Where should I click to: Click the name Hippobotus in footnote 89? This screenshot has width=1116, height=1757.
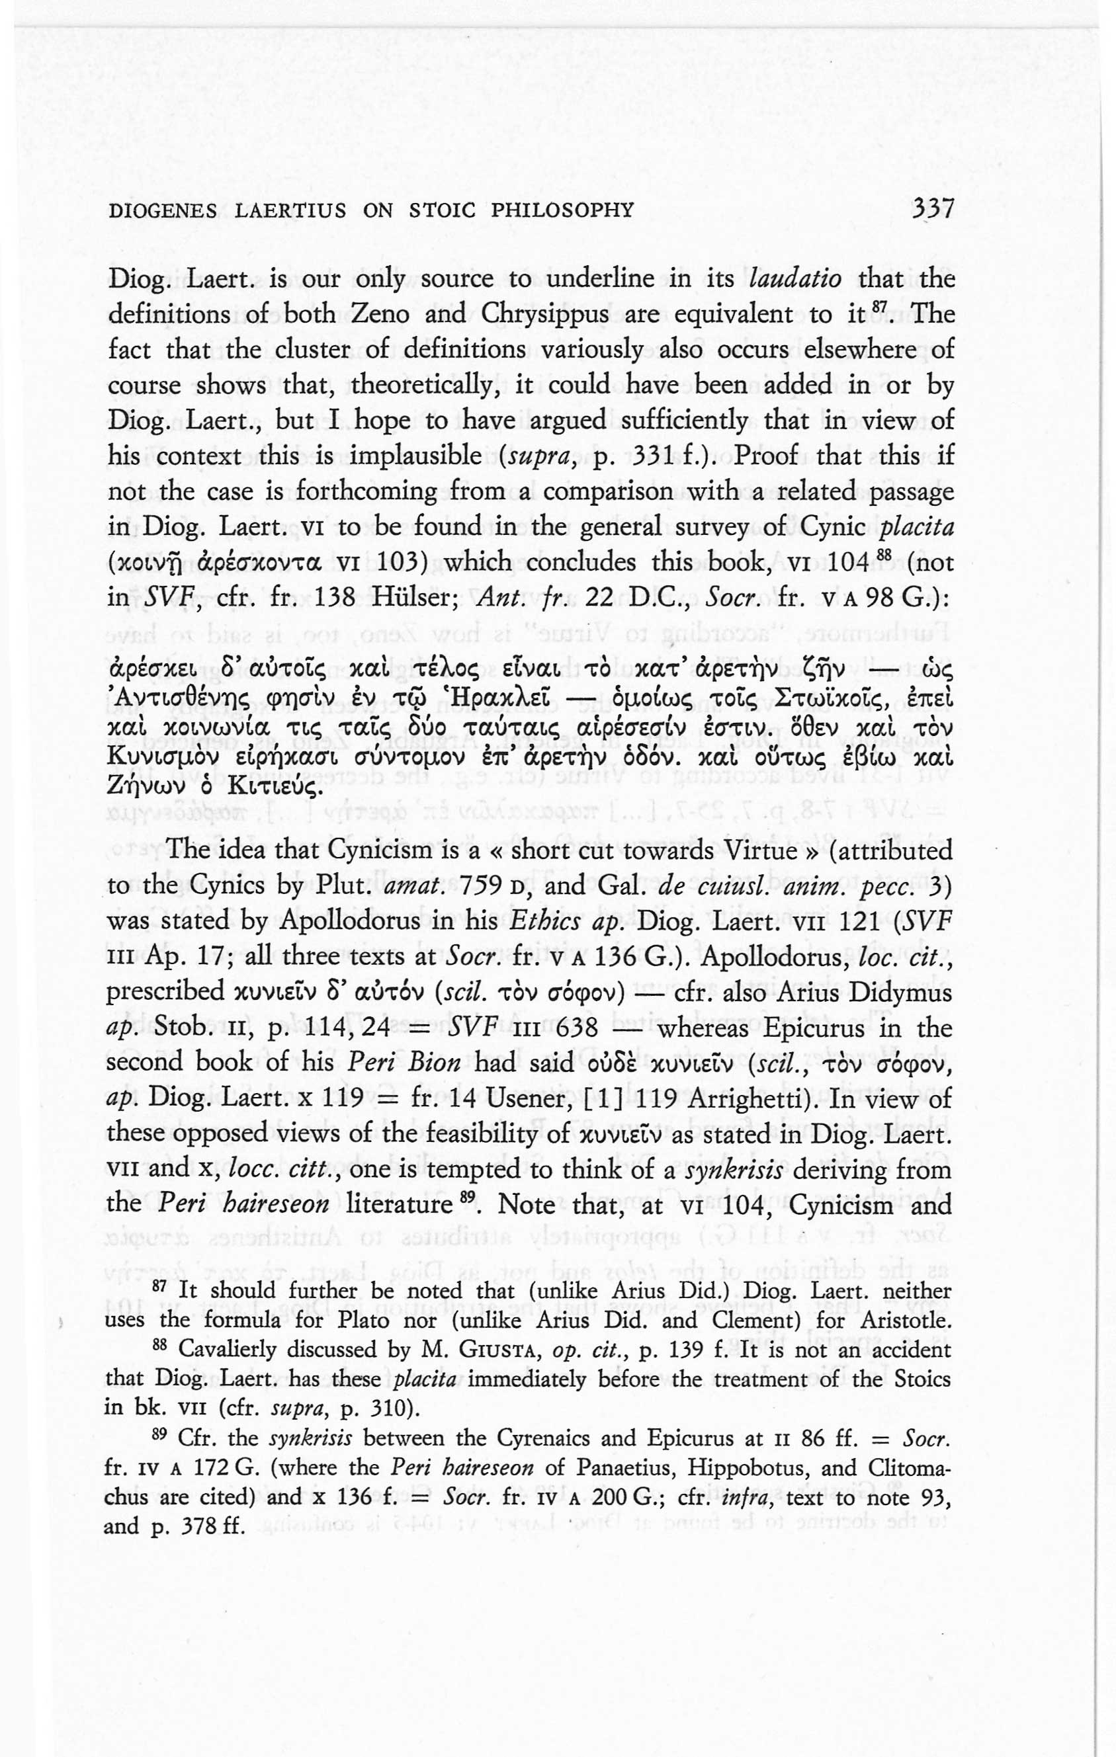tap(748, 1467)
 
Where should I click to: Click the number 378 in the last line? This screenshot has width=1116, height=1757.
tap(193, 1526)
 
